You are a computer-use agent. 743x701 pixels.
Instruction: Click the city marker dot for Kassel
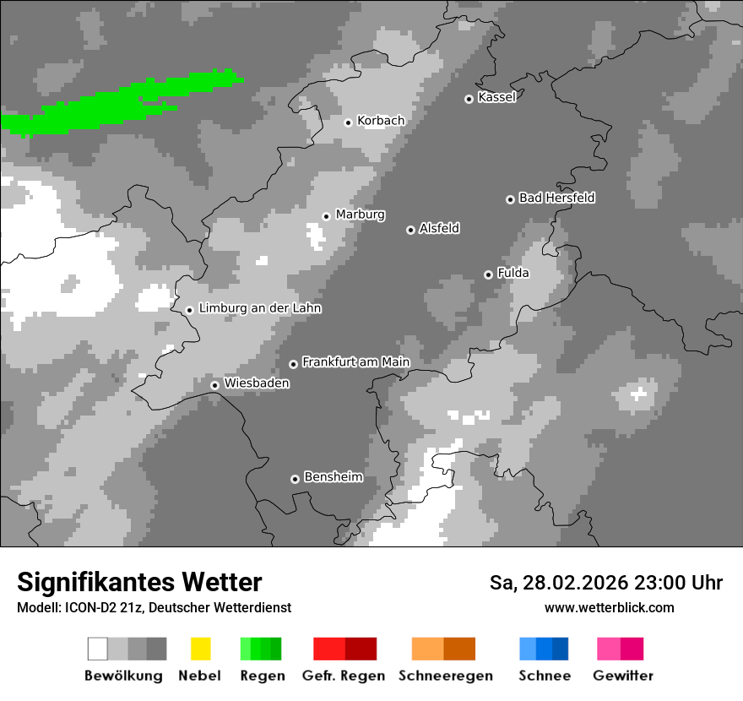[469, 99]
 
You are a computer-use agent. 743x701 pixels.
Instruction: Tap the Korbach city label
[381, 121]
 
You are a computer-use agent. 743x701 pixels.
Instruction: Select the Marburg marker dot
[326, 216]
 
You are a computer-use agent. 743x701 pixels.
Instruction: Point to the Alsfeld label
[439, 228]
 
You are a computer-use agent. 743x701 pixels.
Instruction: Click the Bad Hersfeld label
[556, 198]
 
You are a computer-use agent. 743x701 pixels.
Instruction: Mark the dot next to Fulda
[488, 274]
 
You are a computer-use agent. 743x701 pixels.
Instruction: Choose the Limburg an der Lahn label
[259, 308]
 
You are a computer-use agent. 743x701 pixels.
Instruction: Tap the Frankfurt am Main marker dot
[293, 364]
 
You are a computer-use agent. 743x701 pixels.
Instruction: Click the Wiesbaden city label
[257, 383]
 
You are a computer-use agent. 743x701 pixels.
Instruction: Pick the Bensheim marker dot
[295, 479]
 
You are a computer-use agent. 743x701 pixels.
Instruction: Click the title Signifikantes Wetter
[139, 582]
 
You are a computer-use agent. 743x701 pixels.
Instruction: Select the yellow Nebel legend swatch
[200, 649]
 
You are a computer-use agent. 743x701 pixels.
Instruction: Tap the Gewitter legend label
[623, 676]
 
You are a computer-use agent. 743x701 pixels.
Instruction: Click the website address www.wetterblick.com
[609, 607]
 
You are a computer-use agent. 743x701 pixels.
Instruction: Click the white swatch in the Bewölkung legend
[98, 649]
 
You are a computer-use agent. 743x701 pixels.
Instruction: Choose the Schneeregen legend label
[445, 676]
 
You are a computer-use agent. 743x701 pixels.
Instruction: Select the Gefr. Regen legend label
[344, 676]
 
